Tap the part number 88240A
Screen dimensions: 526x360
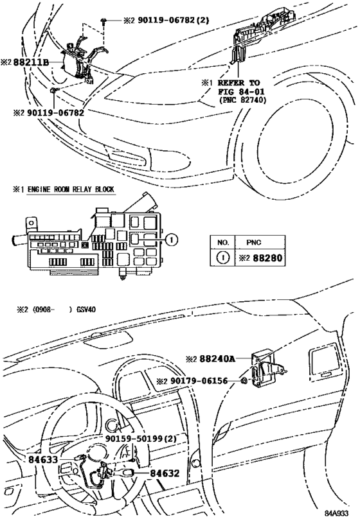coord(217,360)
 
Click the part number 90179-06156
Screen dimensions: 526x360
coord(197,381)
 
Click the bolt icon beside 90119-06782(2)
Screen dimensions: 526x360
coord(104,21)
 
